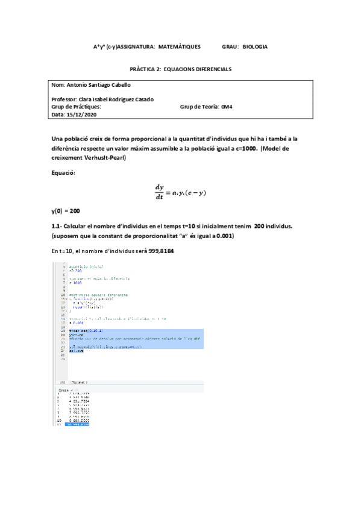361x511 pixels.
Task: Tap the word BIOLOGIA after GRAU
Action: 255,46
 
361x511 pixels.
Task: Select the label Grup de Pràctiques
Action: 77,107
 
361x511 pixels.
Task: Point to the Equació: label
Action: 65,173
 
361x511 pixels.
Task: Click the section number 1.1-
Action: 57,225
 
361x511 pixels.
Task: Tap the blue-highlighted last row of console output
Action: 77,425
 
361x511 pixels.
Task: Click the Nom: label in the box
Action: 58,85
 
